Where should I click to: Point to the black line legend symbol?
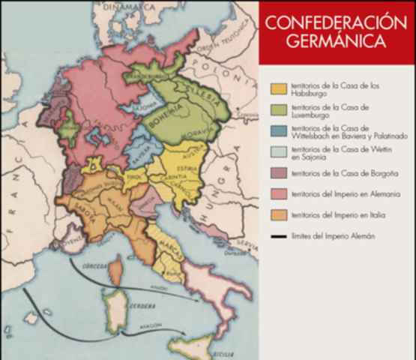pyautogui.click(x=279, y=237)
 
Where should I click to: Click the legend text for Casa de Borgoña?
pyautogui.click(x=334, y=173)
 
